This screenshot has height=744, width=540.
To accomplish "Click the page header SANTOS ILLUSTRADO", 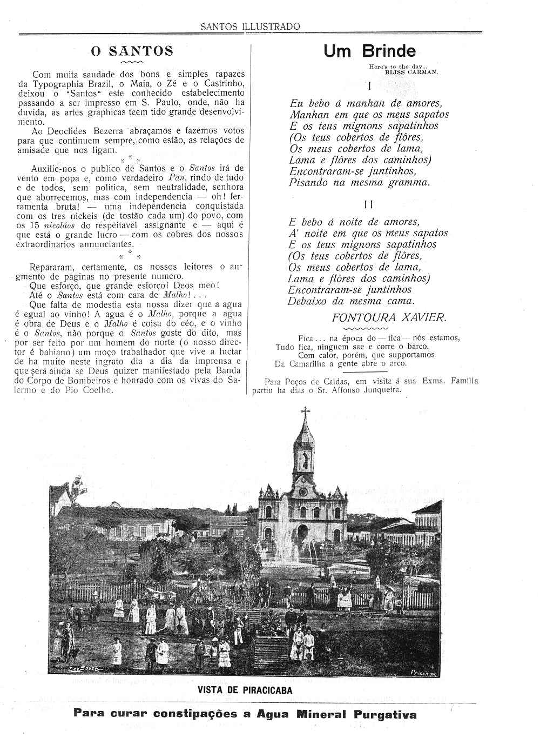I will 249,26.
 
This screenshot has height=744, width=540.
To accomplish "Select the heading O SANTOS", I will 132,51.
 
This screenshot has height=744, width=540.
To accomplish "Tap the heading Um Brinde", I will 370,51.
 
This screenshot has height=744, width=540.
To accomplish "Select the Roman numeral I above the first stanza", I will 369,85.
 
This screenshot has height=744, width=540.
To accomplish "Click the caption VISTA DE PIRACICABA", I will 245,690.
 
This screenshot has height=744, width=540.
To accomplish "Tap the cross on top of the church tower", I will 305,412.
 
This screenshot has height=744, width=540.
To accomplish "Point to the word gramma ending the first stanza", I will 409,183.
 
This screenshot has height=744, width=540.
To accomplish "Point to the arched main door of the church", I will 302,530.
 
